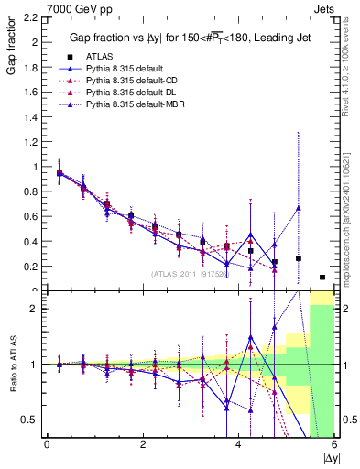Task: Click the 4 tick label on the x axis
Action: click(x=238, y=445)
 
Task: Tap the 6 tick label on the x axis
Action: click(x=334, y=445)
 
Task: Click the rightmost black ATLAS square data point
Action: click(x=322, y=277)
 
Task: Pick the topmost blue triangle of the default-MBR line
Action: click(x=299, y=208)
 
